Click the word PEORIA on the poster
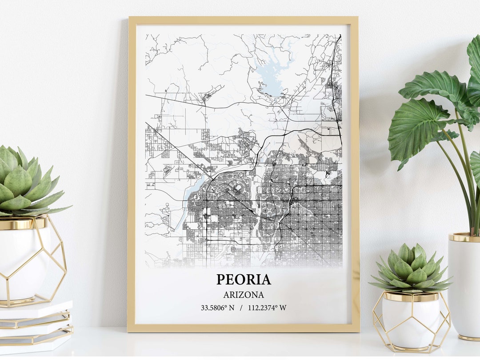[x=244, y=279]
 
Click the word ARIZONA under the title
[x=244, y=295]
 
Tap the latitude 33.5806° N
[x=217, y=308]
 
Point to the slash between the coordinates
[x=240, y=308]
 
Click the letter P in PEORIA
[x=221, y=279]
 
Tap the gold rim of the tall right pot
[x=464, y=238]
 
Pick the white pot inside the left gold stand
[x=22, y=262]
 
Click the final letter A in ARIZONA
[x=261, y=295]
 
